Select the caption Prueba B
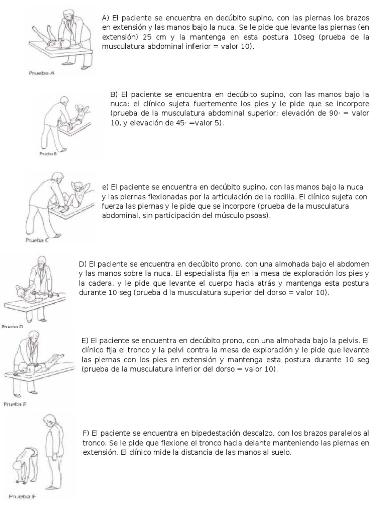49,154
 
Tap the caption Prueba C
37,240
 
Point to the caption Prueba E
15,403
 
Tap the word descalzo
261,433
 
